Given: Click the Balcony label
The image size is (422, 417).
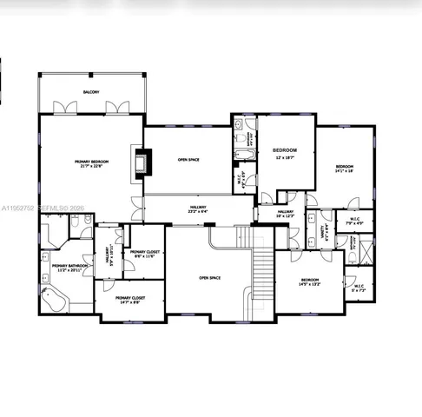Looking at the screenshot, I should pyautogui.click(x=91, y=92).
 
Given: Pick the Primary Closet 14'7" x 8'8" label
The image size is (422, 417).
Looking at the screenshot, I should pyautogui.click(x=130, y=300).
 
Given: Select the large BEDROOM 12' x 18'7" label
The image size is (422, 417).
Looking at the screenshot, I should pyautogui.click(x=286, y=153).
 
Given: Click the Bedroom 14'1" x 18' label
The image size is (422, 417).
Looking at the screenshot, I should pyautogui.click(x=346, y=169).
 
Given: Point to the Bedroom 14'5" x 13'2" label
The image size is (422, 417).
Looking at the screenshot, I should pyautogui.click(x=310, y=281).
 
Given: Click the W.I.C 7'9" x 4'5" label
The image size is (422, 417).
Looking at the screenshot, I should pyautogui.click(x=354, y=221).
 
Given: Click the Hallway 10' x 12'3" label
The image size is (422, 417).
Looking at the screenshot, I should pyautogui.click(x=286, y=214).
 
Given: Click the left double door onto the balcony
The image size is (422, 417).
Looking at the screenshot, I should pyautogui.click(x=61, y=108).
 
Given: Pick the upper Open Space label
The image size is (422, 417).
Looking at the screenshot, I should pyautogui.click(x=188, y=160).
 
